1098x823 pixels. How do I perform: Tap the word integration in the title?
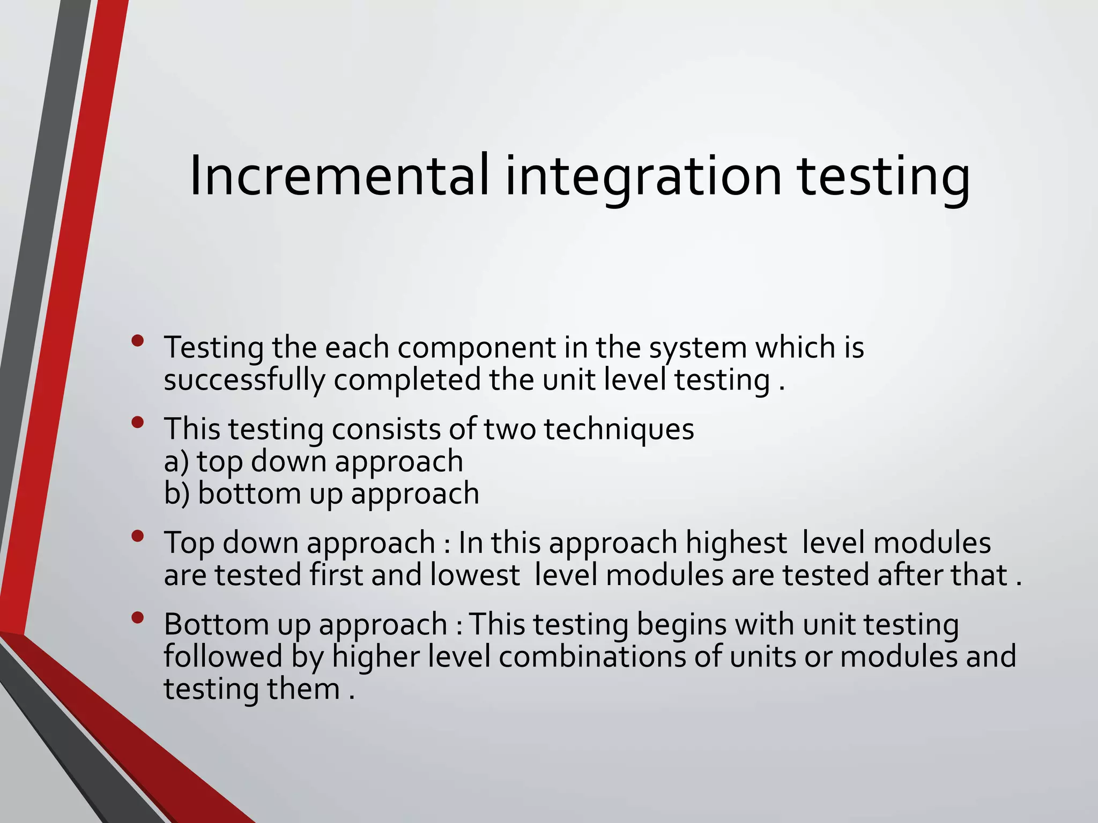pyautogui.click(x=643, y=176)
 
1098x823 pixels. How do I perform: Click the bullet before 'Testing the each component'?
pyautogui.click(x=138, y=340)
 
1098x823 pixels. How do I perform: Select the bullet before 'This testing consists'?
pyautogui.click(x=138, y=422)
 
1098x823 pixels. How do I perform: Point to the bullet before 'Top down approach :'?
pyautogui.click(x=138, y=536)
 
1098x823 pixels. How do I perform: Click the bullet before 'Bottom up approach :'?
pyautogui.click(x=138, y=618)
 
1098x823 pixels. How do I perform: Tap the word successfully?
pyautogui.click(x=244, y=381)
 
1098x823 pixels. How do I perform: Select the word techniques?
pyautogui.click(x=619, y=430)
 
